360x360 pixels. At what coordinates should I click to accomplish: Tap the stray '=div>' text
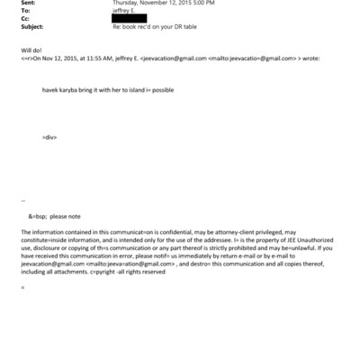50,136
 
